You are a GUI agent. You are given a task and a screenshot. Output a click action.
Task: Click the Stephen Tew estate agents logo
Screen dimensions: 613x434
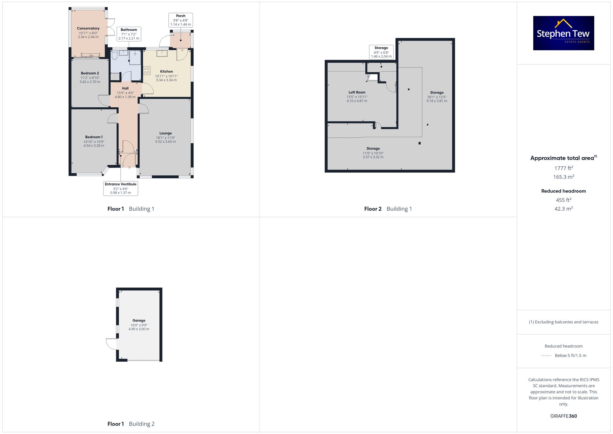pos(564,33)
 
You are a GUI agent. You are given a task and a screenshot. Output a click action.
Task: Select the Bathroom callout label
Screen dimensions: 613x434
pos(129,34)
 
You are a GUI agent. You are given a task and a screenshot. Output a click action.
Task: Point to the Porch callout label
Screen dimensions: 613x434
pos(181,20)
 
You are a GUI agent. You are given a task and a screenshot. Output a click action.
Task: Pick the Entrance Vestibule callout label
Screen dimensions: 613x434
pos(120,188)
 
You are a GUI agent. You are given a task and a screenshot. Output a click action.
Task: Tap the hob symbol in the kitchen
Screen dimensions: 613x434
pos(147,71)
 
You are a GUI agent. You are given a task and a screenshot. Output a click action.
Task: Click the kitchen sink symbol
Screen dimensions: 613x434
pos(162,53)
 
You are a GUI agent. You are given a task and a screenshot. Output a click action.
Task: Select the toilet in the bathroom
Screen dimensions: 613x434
pos(115,55)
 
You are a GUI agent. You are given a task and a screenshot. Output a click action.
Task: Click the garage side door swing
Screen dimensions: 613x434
pos(111,344)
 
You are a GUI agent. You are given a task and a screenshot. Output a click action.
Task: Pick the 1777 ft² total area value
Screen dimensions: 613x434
pos(564,168)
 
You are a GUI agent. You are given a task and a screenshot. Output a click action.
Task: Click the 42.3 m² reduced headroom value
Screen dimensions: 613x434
pos(564,208)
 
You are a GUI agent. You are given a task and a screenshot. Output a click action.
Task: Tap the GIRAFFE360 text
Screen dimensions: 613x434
pos(564,416)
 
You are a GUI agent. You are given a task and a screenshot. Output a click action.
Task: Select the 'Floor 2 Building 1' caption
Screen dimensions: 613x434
pos(388,209)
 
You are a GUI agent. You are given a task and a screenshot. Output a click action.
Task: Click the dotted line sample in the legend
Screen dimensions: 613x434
pos(546,356)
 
